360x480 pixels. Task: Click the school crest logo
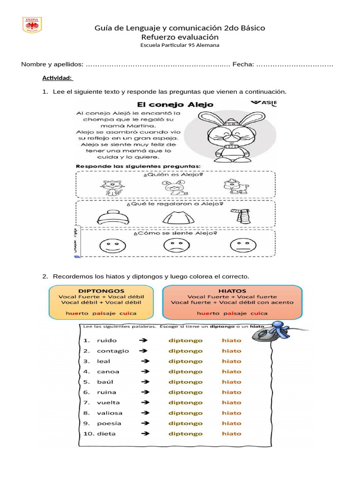pyautogui.click(x=32, y=25)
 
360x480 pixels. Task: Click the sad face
pyautogui.click(x=173, y=245)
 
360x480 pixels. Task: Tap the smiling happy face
pyautogui.click(x=109, y=245)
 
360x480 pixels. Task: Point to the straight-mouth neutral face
pyautogui.click(x=239, y=245)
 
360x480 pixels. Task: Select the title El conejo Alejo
pyautogui.click(x=175, y=104)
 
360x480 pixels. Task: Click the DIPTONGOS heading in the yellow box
pyautogui.click(x=101, y=291)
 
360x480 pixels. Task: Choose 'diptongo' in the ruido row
pyautogui.click(x=186, y=340)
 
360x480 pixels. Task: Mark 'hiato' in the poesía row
pyautogui.click(x=232, y=423)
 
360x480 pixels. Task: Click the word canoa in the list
pyautogui.click(x=108, y=372)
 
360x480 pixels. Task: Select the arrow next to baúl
pyautogui.click(x=144, y=382)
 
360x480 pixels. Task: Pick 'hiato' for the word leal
pyautogui.click(x=232, y=361)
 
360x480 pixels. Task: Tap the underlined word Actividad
pyautogui.click(x=57, y=78)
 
